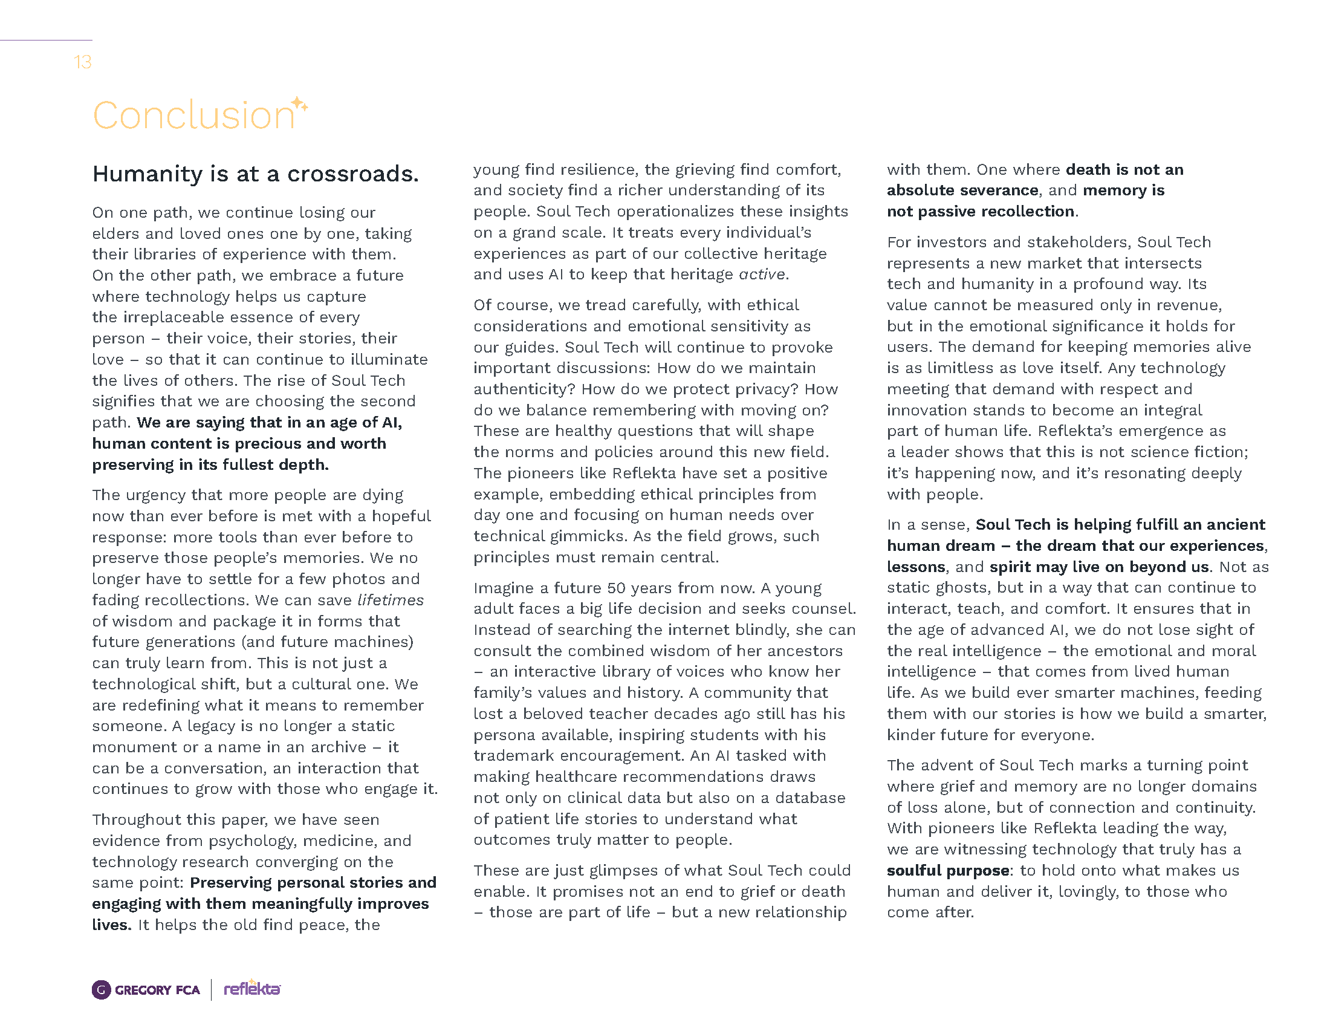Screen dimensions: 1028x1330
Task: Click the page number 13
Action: tap(82, 62)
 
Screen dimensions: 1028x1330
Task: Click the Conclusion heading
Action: tap(193, 115)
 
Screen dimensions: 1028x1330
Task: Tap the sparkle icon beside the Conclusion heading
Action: tap(300, 104)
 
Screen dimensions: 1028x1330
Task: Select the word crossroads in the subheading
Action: tap(352, 174)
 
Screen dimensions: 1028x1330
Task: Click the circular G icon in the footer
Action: tap(102, 990)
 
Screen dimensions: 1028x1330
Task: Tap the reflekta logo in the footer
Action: tap(251, 989)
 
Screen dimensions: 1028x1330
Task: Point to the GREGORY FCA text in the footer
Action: tap(157, 991)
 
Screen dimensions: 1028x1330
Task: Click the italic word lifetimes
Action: tap(391, 600)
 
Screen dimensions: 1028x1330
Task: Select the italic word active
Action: tap(762, 275)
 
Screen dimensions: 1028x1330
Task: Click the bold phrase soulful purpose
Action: tap(947, 870)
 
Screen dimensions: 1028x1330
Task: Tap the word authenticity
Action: tap(525, 389)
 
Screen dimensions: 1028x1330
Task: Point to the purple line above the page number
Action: tap(46, 40)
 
